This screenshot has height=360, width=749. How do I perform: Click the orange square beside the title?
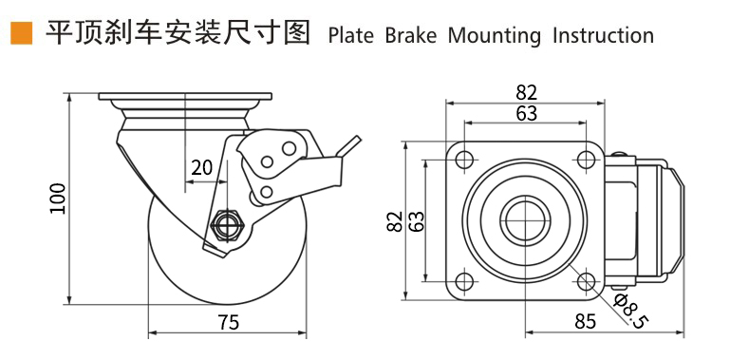pyautogui.click(x=21, y=33)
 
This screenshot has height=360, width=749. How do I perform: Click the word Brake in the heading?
pyautogui.click(x=411, y=36)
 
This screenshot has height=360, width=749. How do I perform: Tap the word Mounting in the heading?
pyautogui.click(x=495, y=37)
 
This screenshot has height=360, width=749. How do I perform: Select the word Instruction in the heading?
pyautogui.click(x=604, y=36)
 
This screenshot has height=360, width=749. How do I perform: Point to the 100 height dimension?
pyautogui.click(x=58, y=199)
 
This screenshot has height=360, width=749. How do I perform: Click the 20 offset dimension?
pyautogui.click(x=201, y=168)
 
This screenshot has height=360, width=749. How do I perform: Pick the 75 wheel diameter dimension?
pyautogui.click(x=228, y=323)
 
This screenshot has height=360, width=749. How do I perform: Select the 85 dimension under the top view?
pyautogui.click(x=586, y=321)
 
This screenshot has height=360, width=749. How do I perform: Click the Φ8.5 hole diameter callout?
pyautogui.click(x=630, y=312)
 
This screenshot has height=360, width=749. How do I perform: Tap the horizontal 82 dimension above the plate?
pyautogui.click(x=527, y=92)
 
